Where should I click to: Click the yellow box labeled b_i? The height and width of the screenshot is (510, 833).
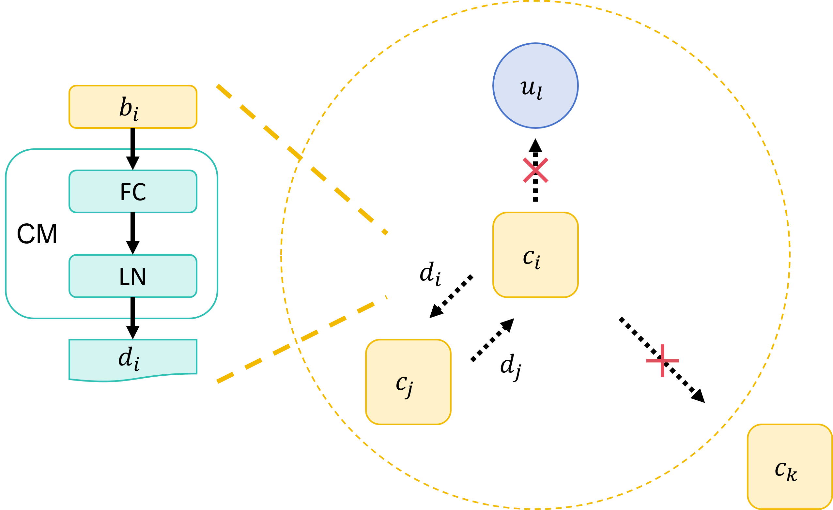(x=133, y=107)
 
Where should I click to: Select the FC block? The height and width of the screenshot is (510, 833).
(x=133, y=191)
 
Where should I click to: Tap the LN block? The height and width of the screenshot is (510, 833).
(x=133, y=276)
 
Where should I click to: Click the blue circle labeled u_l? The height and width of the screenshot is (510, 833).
(x=535, y=85)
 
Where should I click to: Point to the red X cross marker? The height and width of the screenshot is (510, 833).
(x=535, y=170)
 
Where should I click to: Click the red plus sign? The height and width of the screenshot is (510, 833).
(x=662, y=361)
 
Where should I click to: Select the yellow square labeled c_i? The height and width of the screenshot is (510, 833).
(x=535, y=255)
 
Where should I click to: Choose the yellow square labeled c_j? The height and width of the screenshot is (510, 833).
(x=409, y=382)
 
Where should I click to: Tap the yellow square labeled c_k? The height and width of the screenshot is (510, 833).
(x=790, y=467)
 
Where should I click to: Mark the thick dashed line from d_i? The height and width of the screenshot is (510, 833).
(x=301, y=339)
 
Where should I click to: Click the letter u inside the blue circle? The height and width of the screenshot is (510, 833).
(x=528, y=87)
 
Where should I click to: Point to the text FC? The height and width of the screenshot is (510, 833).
(x=133, y=192)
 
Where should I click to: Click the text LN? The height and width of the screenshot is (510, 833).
(x=132, y=277)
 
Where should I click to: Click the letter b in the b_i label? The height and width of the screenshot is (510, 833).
(x=126, y=107)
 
